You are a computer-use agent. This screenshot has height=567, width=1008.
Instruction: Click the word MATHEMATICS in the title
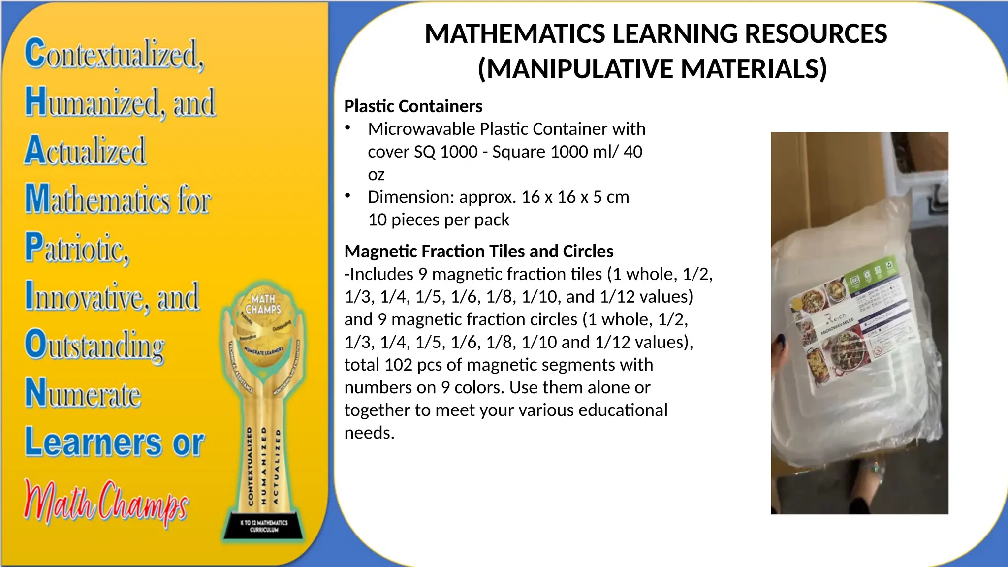(514, 34)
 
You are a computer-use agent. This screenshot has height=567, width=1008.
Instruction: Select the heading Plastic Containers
(413, 106)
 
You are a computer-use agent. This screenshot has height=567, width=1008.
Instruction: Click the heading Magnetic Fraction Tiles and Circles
(478, 252)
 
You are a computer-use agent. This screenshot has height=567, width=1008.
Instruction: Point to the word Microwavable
(422, 129)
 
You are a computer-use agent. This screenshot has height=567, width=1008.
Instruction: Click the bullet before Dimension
(348, 196)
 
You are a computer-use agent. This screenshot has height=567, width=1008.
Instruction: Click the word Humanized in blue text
(92, 102)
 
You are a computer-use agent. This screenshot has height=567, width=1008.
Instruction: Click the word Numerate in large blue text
(83, 393)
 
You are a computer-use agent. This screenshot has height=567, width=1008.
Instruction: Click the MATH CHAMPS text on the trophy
(263, 304)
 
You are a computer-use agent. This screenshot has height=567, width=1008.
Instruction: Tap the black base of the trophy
(264, 526)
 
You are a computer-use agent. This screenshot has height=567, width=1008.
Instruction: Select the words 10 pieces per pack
(439, 220)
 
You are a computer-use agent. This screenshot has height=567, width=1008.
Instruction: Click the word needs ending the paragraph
(369, 433)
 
